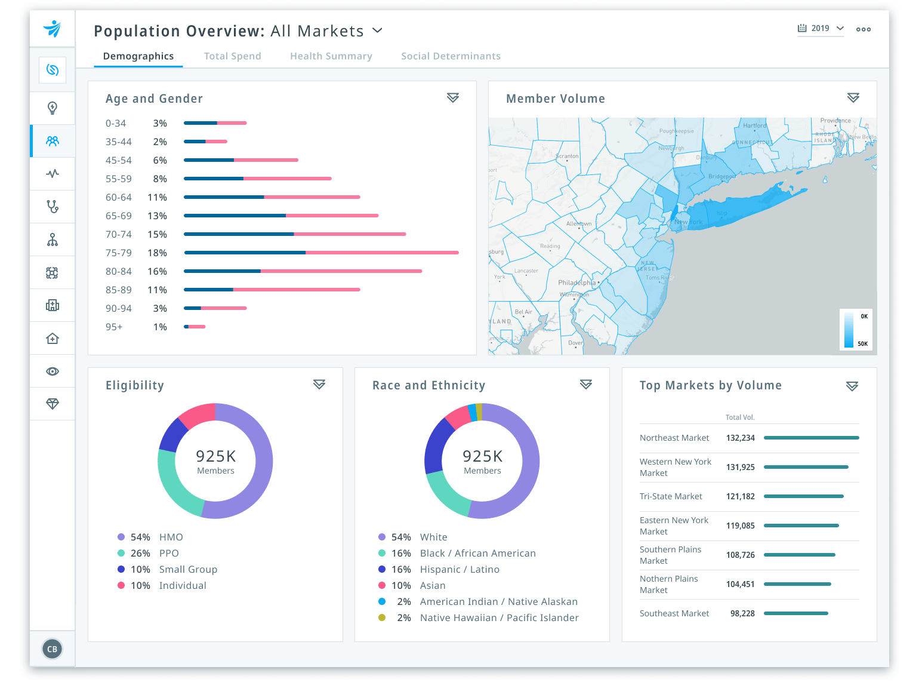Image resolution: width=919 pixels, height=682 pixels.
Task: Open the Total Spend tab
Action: click(x=232, y=56)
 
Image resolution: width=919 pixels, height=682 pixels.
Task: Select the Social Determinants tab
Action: click(x=451, y=56)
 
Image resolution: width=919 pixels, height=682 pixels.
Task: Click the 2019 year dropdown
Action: click(x=821, y=29)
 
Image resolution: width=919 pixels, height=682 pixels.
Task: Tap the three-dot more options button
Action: click(x=863, y=29)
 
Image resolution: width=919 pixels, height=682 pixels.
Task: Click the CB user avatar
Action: click(x=53, y=649)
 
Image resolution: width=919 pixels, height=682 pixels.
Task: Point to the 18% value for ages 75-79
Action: click(x=157, y=253)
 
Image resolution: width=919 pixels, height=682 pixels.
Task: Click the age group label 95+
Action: click(x=114, y=327)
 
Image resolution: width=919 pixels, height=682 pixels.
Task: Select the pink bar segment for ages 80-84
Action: click(x=341, y=271)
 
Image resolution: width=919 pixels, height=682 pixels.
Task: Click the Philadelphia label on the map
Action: click(x=576, y=282)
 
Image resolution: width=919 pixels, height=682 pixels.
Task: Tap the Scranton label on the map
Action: click(x=567, y=156)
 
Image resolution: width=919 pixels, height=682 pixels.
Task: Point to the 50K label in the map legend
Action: click(x=862, y=343)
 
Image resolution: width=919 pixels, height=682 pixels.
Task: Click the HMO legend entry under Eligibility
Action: click(x=171, y=537)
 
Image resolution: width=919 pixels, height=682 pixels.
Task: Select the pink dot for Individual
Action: click(x=121, y=585)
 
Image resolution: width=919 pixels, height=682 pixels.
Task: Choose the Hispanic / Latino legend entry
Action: click(x=459, y=569)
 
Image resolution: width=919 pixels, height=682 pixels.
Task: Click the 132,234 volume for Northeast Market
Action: click(x=740, y=438)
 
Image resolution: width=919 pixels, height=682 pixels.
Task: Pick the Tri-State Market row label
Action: click(x=671, y=496)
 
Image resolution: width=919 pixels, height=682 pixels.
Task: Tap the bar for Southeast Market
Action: click(x=795, y=613)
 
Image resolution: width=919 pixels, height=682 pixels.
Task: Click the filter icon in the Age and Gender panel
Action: click(x=453, y=97)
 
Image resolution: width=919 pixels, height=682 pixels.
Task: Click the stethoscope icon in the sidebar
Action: click(x=53, y=207)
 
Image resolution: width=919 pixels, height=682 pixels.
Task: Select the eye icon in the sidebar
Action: click(x=53, y=371)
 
